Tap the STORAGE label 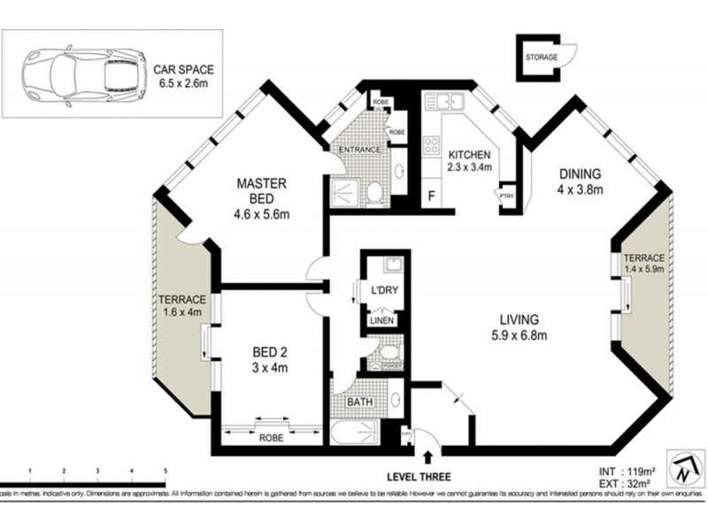coord(542,58)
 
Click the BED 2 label coord(273,351)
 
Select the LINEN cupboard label coord(381,320)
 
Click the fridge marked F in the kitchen coord(431,196)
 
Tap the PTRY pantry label coord(507,197)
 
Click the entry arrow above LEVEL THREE coord(428,457)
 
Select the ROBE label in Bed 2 coord(272,437)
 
